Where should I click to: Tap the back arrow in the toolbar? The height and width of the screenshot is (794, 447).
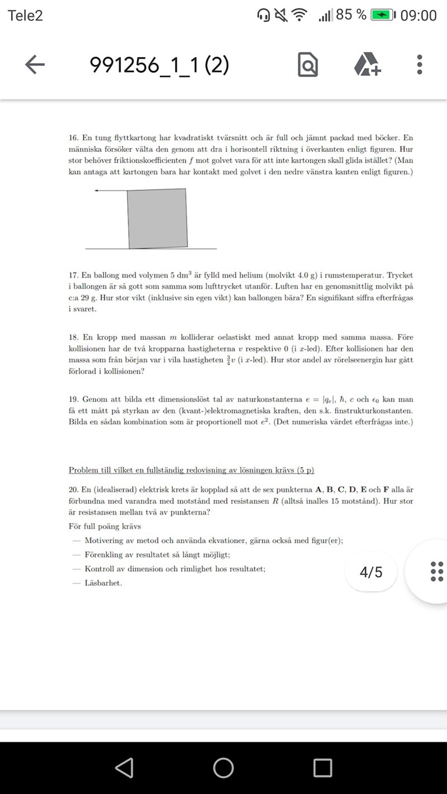[35, 65]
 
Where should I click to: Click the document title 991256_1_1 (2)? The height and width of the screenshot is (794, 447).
[159, 65]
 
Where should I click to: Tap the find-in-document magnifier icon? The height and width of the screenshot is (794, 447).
[308, 65]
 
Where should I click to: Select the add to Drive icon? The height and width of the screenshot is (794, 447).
[367, 65]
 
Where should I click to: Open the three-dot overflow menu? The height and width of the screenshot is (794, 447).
[420, 65]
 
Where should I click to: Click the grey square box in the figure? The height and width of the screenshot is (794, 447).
[158, 218]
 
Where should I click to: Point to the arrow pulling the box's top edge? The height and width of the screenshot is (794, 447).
[111, 191]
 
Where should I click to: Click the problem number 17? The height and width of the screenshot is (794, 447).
[73, 275]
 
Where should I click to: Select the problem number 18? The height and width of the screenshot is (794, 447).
[73, 338]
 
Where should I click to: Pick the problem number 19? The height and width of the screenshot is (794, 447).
[73, 400]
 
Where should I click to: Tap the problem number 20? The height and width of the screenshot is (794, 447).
[73, 490]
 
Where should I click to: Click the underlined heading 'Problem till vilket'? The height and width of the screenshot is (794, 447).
[195, 470]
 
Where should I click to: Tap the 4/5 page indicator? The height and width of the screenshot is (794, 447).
[371, 572]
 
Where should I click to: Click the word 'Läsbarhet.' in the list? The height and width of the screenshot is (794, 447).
[103, 583]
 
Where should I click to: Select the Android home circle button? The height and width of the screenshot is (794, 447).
[223, 768]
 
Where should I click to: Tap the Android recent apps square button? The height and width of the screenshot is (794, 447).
[322, 768]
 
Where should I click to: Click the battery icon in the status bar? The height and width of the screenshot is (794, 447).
[383, 15]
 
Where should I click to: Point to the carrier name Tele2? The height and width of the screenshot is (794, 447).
[25, 15]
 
